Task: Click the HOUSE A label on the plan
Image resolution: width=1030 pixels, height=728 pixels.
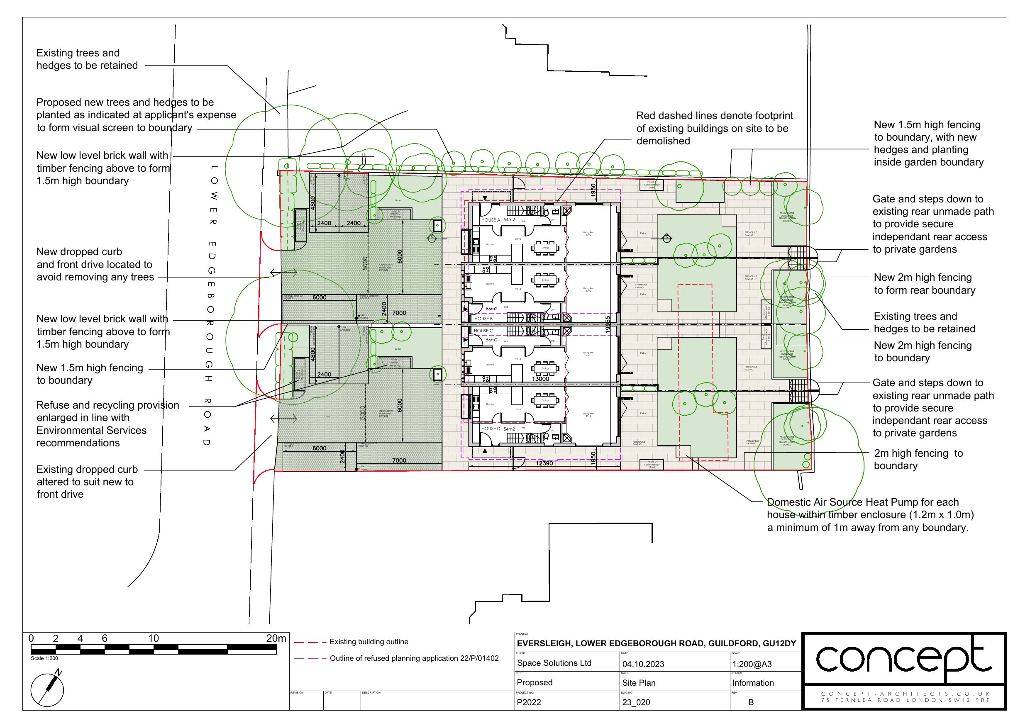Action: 491,220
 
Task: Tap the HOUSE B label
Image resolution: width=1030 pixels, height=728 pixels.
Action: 483,319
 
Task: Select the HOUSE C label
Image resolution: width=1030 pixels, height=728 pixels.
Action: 483,331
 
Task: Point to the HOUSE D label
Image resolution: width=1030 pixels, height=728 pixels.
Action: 491,429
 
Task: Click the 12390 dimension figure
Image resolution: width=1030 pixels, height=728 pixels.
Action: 544,463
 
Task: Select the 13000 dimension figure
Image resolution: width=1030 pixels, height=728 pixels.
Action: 541,379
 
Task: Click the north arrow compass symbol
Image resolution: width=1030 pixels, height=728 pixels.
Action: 47,689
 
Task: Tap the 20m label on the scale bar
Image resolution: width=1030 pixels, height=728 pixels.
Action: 276,638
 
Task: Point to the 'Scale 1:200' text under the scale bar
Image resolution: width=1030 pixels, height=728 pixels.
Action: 44,658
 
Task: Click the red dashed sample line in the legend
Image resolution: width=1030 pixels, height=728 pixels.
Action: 310,642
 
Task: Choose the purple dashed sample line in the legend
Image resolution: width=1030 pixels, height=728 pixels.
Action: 310,658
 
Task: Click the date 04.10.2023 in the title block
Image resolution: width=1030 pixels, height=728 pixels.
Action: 643,664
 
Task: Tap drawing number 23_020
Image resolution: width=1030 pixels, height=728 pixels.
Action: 636,702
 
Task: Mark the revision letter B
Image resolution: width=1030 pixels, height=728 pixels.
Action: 751,702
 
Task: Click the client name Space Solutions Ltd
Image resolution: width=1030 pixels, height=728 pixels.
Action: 554,663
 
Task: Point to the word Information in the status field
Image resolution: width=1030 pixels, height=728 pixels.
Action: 753,683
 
